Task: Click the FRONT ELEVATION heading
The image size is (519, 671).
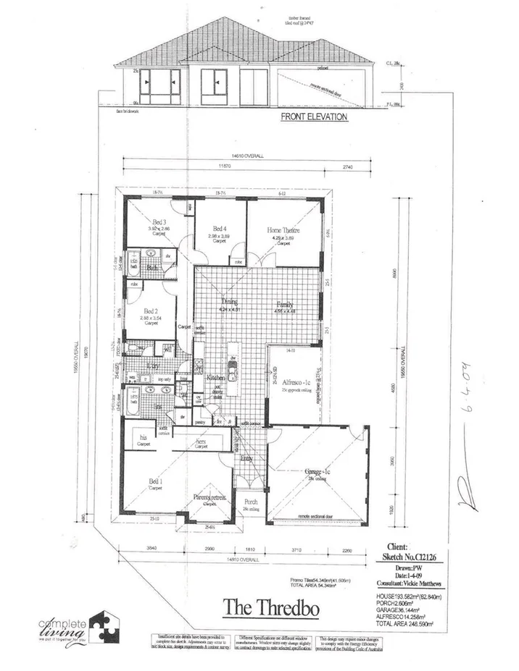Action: pyautogui.click(x=314, y=117)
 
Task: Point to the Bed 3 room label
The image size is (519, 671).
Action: pyautogui.click(x=159, y=223)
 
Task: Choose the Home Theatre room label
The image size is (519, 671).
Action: pyautogui.click(x=283, y=230)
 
